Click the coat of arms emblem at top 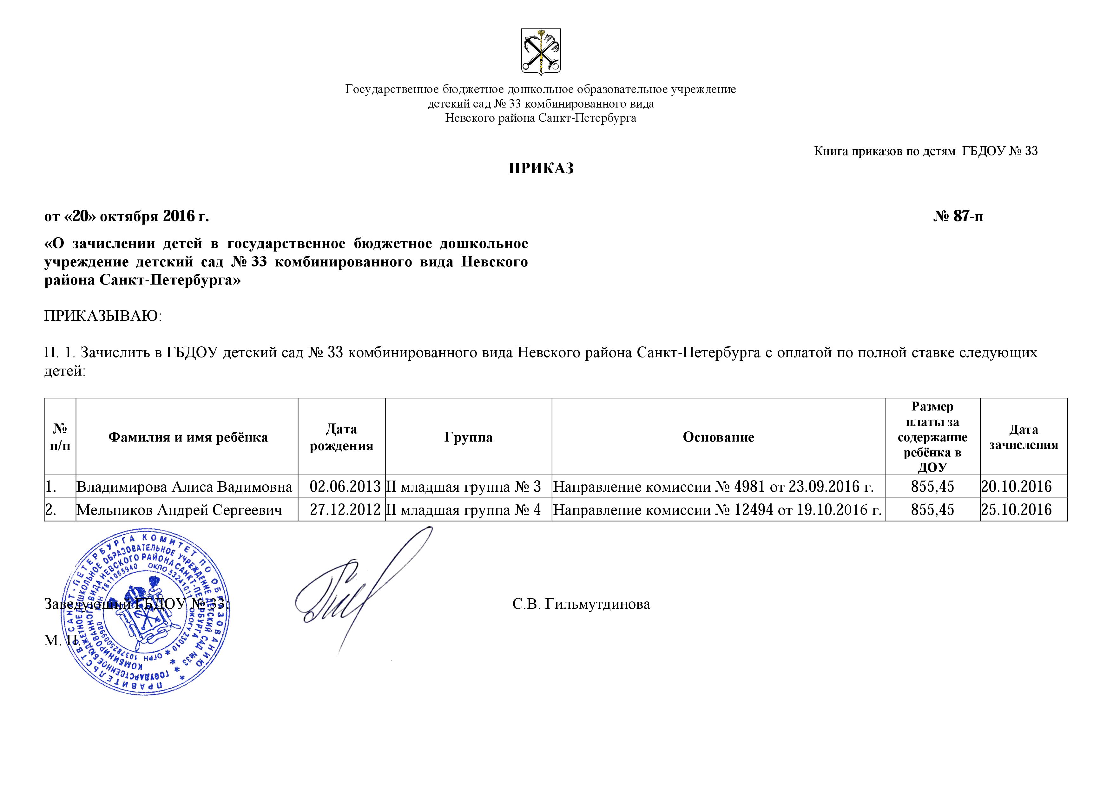point(541,51)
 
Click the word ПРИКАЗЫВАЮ point(102,316)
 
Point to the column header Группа point(468,437)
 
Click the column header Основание point(718,437)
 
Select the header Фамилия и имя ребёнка point(188,437)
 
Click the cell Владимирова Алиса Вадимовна point(185,487)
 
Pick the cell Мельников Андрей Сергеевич point(179,510)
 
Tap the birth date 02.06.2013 point(345,487)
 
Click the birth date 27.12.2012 point(345,510)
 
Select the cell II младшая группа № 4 point(464,510)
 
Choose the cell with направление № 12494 point(717,510)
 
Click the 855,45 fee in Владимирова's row point(932,487)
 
